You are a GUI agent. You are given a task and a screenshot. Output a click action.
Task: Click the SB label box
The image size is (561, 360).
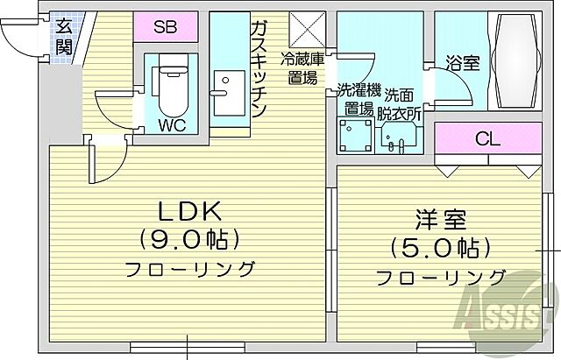[x=165, y=26]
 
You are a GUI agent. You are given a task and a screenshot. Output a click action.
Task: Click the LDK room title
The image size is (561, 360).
[x=188, y=210]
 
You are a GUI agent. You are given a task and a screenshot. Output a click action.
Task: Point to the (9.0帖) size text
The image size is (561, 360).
[x=188, y=237]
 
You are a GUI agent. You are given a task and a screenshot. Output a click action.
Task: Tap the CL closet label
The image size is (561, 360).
[x=487, y=138]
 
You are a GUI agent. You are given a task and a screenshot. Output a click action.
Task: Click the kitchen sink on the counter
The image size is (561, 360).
[x=226, y=87]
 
